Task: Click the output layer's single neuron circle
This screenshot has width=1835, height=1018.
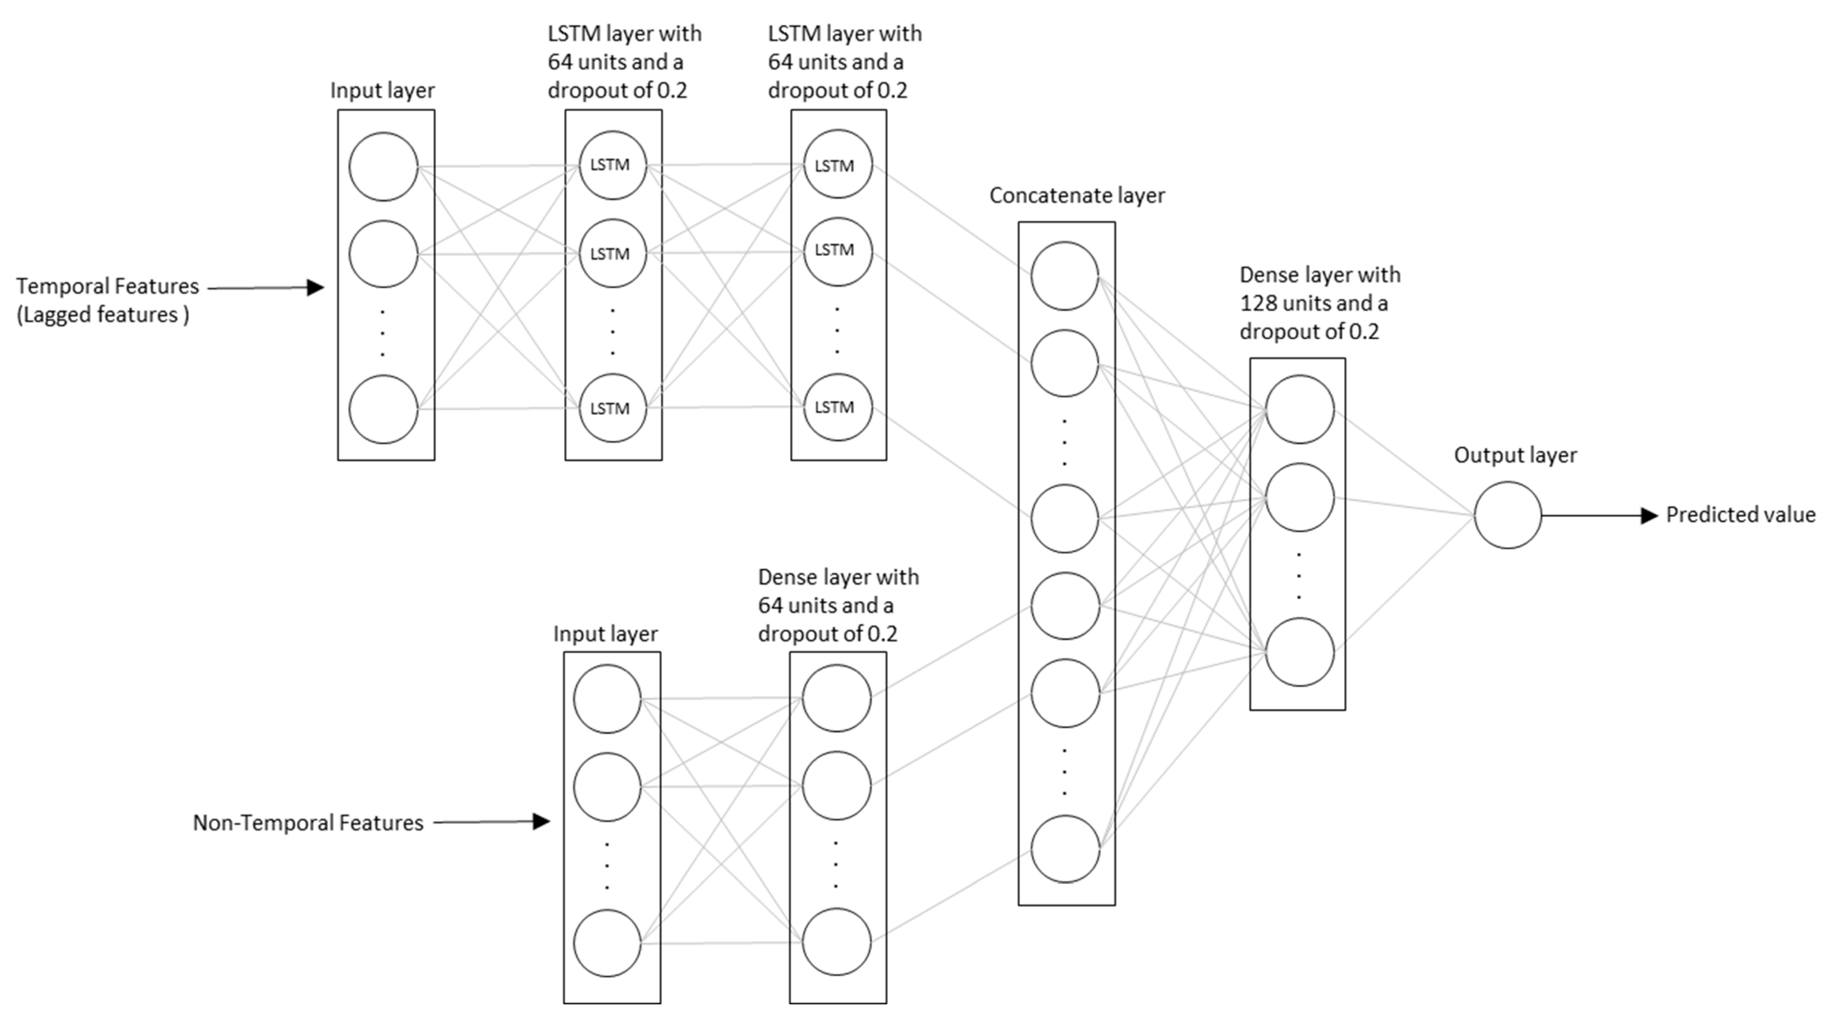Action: pyautogui.click(x=1507, y=514)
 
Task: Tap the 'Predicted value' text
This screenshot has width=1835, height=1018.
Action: pyautogui.click(x=1740, y=514)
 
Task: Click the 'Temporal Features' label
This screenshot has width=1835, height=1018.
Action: pyautogui.click(x=108, y=286)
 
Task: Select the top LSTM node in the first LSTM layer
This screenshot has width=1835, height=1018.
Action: pyautogui.click(x=612, y=165)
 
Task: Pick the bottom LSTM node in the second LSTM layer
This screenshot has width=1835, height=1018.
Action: pyautogui.click(x=837, y=407)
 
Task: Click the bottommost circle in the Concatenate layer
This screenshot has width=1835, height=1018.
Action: pyautogui.click(x=1064, y=849)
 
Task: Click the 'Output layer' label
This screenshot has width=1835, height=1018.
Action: pyautogui.click(x=1515, y=455)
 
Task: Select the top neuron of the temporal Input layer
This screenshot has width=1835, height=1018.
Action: pyautogui.click(x=383, y=167)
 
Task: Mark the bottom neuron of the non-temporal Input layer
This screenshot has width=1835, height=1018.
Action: pyautogui.click(x=607, y=943)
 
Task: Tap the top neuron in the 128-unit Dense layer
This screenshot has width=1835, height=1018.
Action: pyautogui.click(x=1300, y=409)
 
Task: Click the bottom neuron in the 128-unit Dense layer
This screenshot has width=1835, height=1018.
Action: pyautogui.click(x=1300, y=652)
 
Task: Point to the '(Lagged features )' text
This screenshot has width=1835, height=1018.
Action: pyautogui.click(x=102, y=315)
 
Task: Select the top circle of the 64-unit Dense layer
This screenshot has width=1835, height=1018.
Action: pyautogui.click(x=836, y=698)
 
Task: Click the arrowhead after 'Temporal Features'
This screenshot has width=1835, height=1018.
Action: pyautogui.click(x=316, y=288)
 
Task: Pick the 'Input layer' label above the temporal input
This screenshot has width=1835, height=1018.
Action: pyautogui.click(x=382, y=91)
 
